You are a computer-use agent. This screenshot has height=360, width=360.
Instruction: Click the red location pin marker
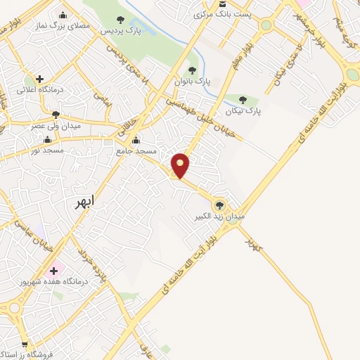tap(181, 165)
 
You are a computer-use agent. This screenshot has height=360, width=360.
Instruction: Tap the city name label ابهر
tap(89, 202)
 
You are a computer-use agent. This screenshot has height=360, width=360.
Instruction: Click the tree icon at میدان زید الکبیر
tap(220, 205)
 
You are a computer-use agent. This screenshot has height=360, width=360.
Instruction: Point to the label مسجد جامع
tap(136, 150)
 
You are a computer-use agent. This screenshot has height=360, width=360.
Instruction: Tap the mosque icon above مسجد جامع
tap(136, 139)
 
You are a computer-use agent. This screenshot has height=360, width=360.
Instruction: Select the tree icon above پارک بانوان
tap(192, 70)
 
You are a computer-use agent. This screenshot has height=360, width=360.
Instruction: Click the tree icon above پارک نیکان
tap(243, 100)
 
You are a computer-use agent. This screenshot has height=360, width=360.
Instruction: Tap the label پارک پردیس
tap(120, 32)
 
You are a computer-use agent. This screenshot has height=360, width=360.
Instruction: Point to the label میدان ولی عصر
tap(53, 126)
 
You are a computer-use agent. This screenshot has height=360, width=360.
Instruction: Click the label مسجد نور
tap(48, 150)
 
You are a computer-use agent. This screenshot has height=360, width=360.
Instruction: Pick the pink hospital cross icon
tap(53, 270)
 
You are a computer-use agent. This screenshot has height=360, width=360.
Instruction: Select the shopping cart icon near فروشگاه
tap(25, 344)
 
